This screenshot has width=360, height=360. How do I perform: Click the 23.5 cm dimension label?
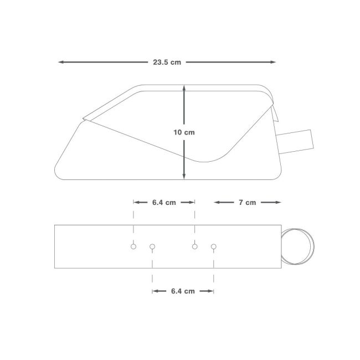[x=167, y=62]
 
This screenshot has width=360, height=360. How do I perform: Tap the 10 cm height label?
[x=184, y=132]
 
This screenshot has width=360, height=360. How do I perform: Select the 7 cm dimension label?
[x=247, y=203]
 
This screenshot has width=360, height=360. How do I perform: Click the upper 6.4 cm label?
[x=164, y=203]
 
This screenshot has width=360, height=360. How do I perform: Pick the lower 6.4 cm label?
[x=183, y=291]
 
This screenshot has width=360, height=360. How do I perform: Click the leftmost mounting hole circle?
[x=133, y=246]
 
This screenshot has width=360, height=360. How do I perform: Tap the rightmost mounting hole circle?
[x=214, y=246]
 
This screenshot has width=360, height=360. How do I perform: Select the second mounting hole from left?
[x=152, y=246]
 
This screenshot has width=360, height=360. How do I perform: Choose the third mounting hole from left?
[x=195, y=246]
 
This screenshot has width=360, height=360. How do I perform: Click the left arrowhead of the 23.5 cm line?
[x=61, y=62]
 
